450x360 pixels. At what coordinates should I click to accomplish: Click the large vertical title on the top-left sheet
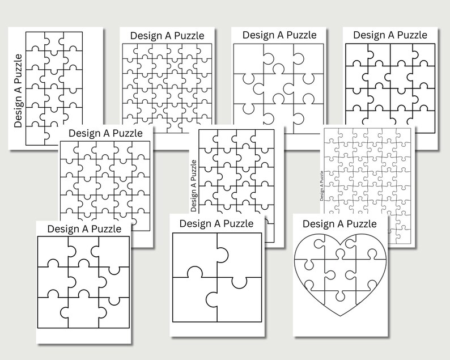point(18,91)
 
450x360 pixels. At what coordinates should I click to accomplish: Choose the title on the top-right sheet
point(390,35)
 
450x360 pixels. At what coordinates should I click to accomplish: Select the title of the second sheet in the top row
point(167,35)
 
